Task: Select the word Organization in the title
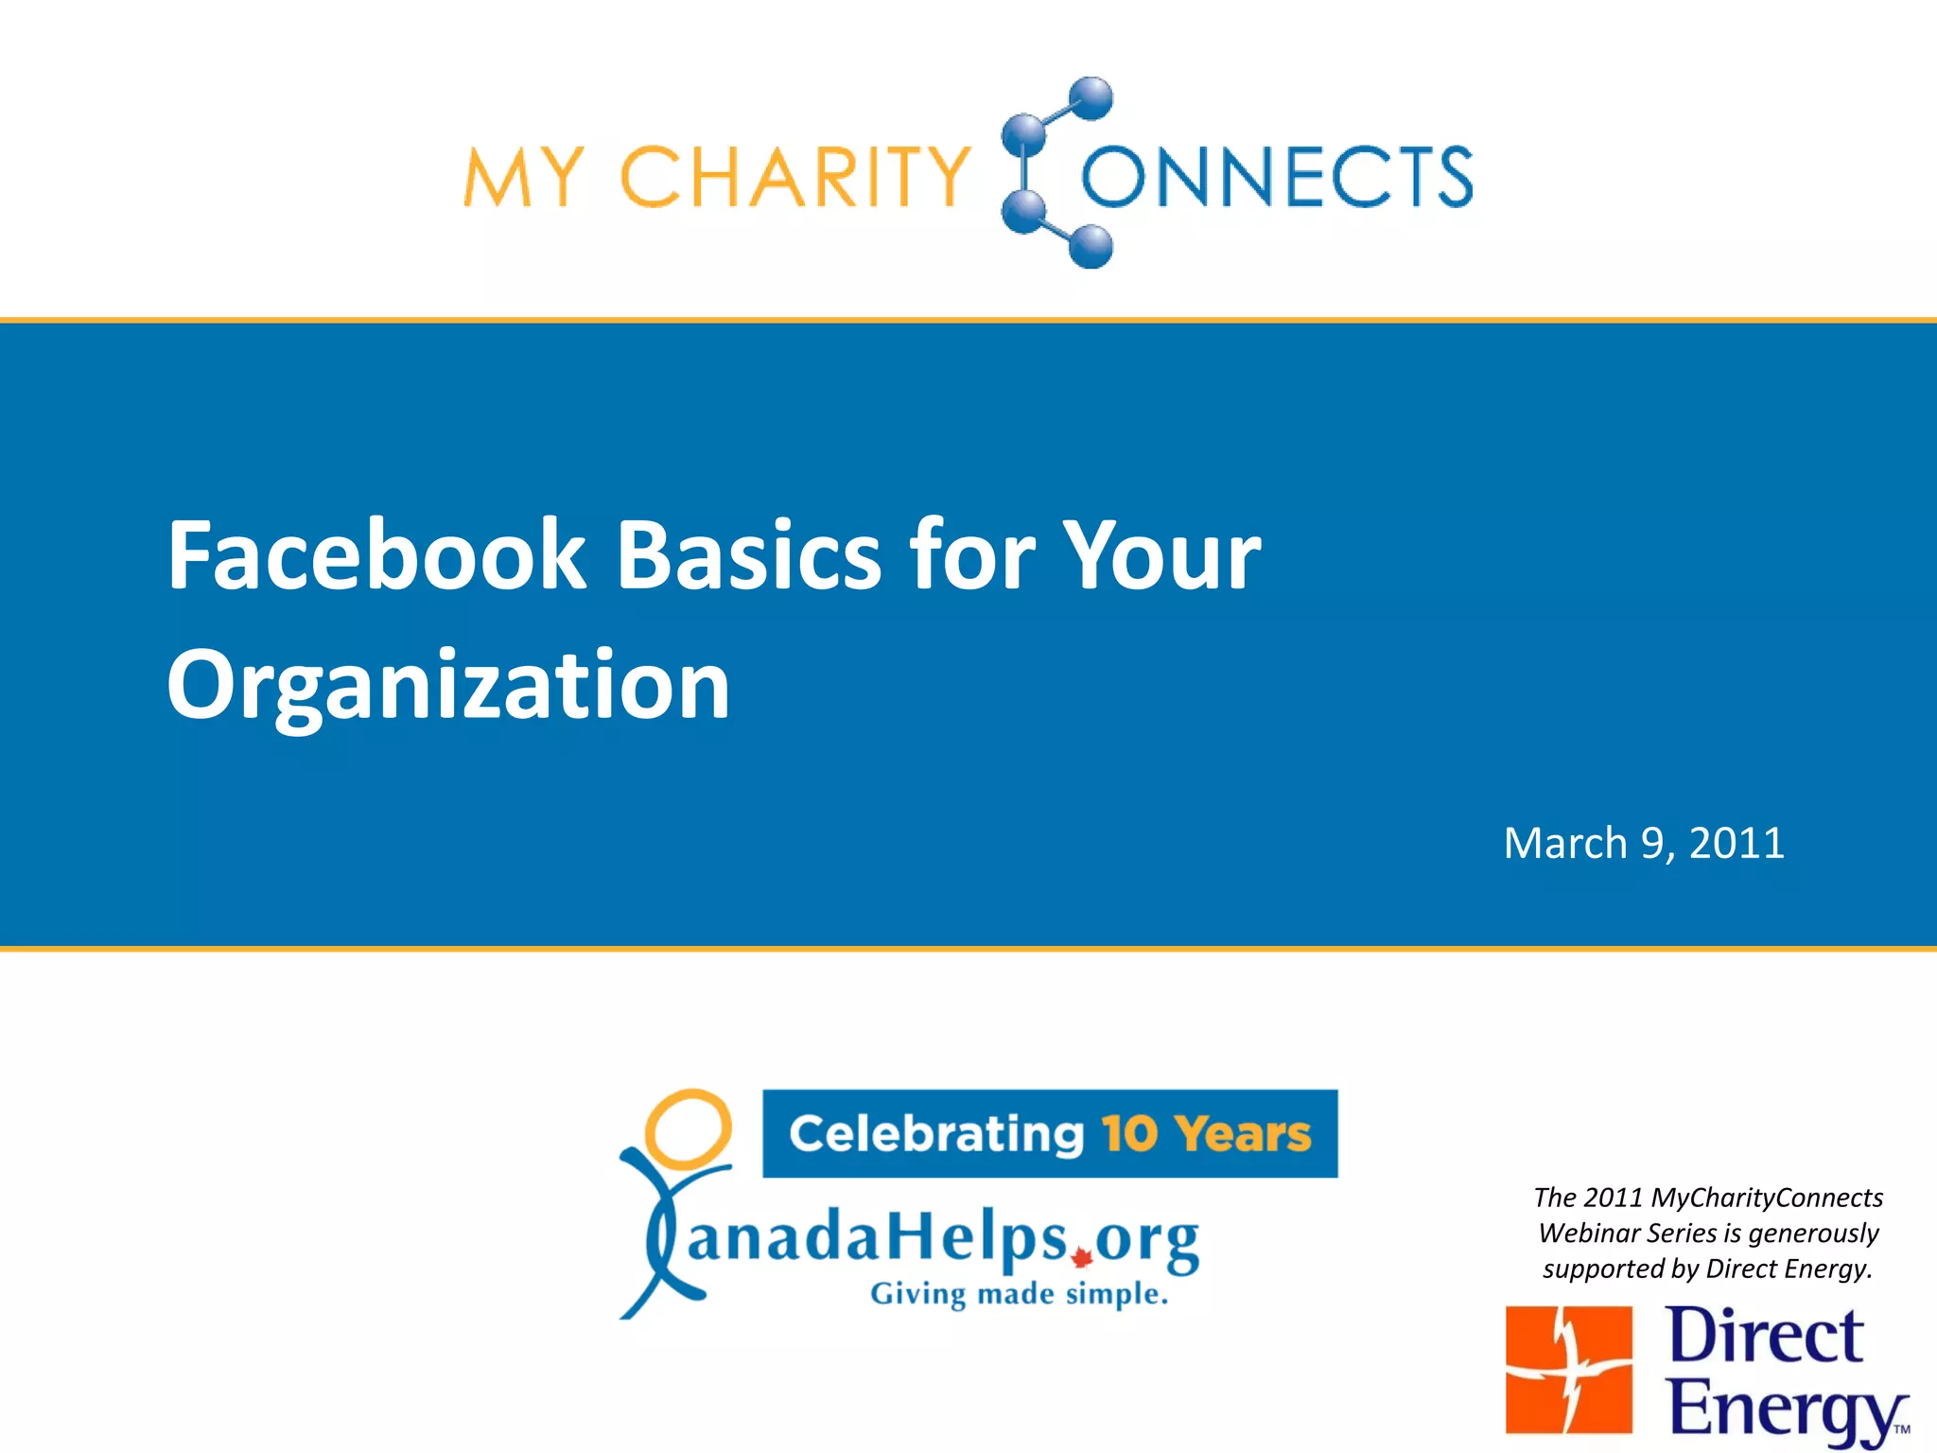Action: click(x=448, y=686)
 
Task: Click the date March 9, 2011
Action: click(x=1644, y=843)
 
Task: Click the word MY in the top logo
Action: click(x=523, y=177)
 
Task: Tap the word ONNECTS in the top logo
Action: click(x=1277, y=177)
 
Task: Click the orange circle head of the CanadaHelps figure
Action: click(x=688, y=1129)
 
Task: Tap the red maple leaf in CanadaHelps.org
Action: click(x=1082, y=1258)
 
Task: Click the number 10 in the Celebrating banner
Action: click(x=1129, y=1133)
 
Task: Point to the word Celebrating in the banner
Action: click(x=936, y=1133)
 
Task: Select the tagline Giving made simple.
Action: click(x=1019, y=1294)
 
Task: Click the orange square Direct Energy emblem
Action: click(x=1568, y=1370)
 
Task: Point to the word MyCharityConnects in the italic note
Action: click(x=1766, y=1198)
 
